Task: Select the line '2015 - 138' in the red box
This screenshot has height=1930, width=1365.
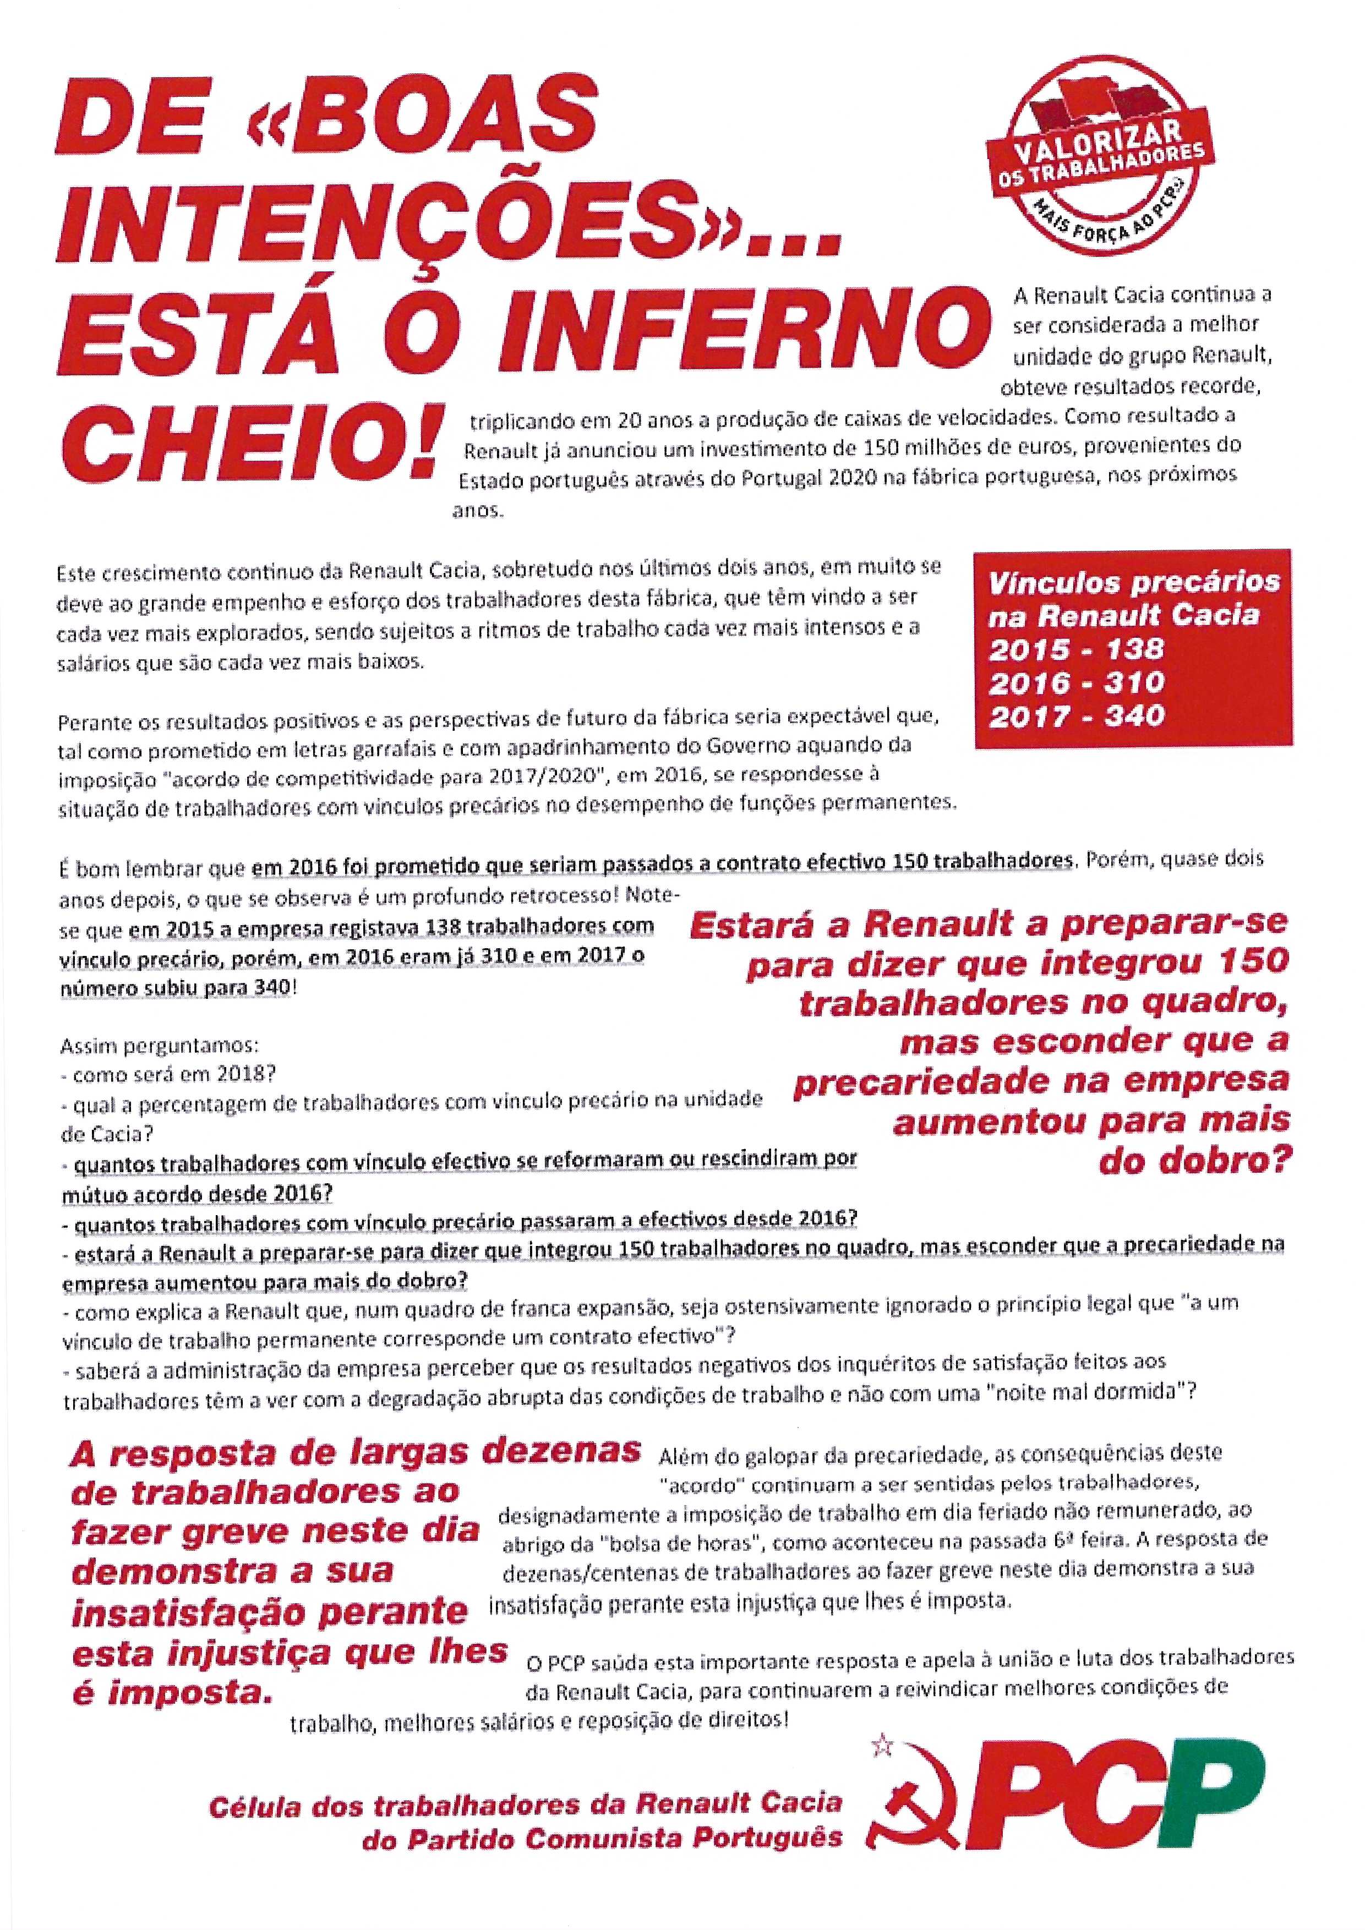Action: point(1076,649)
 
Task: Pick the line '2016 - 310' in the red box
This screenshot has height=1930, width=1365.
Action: point(1076,682)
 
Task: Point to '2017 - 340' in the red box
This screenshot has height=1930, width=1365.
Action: point(1076,715)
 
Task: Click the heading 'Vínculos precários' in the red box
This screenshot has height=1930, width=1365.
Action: point(1133,582)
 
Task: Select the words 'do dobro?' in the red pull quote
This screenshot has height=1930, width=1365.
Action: point(1193,1161)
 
